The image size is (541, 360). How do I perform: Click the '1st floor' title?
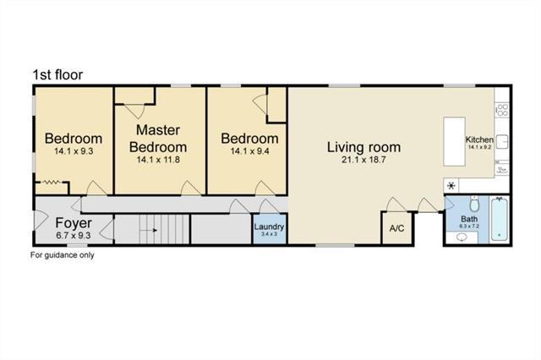[x=57, y=75]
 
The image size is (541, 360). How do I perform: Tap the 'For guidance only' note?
[x=62, y=255]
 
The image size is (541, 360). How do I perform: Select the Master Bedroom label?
[x=158, y=139]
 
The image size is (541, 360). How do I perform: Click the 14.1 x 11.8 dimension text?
[x=158, y=160]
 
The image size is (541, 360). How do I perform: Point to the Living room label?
[x=363, y=147]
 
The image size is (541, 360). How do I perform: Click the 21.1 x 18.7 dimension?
[x=363, y=160]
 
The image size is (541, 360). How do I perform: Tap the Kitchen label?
[x=479, y=139]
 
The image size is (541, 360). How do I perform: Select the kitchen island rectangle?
[x=454, y=142]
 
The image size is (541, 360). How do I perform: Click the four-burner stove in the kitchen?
[x=502, y=110]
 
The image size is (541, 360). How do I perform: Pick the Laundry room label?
[x=269, y=226]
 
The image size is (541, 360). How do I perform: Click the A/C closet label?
[x=396, y=228]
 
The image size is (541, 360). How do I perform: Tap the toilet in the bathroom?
[x=474, y=205]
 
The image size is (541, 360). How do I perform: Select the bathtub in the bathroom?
[x=500, y=219]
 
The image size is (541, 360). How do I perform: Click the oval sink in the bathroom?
[x=462, y=237]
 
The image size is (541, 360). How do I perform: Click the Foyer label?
[x=74, y=223]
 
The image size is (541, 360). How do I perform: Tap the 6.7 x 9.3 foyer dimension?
[x=74, y=236]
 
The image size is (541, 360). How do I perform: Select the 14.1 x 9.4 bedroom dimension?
[x=250, y=151]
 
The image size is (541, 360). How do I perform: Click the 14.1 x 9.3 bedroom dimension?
[x=74, y=151]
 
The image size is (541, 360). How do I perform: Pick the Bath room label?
[x=469, y=219]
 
